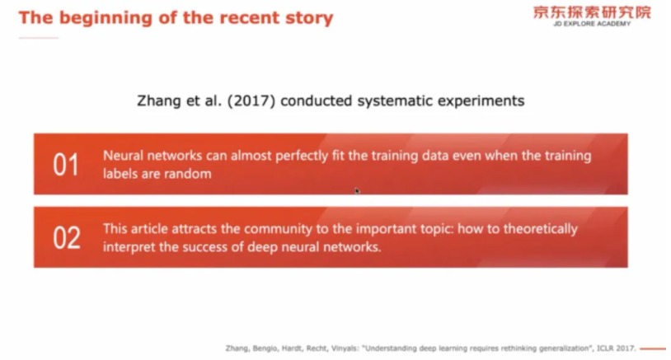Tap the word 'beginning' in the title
pos(106,18)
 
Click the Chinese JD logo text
pos(592,12)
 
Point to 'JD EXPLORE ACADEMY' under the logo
pos(592,24)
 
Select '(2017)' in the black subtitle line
pos(251,101)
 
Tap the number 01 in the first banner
pos(66,165)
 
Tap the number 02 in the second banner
pos(66,238)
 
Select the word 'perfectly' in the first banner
pos(302,156)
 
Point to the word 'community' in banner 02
pos(278,229)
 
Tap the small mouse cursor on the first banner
pos(357,190)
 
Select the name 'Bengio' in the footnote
pos(264,348)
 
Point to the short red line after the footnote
pos(653,349)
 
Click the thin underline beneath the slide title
pos(39,38)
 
